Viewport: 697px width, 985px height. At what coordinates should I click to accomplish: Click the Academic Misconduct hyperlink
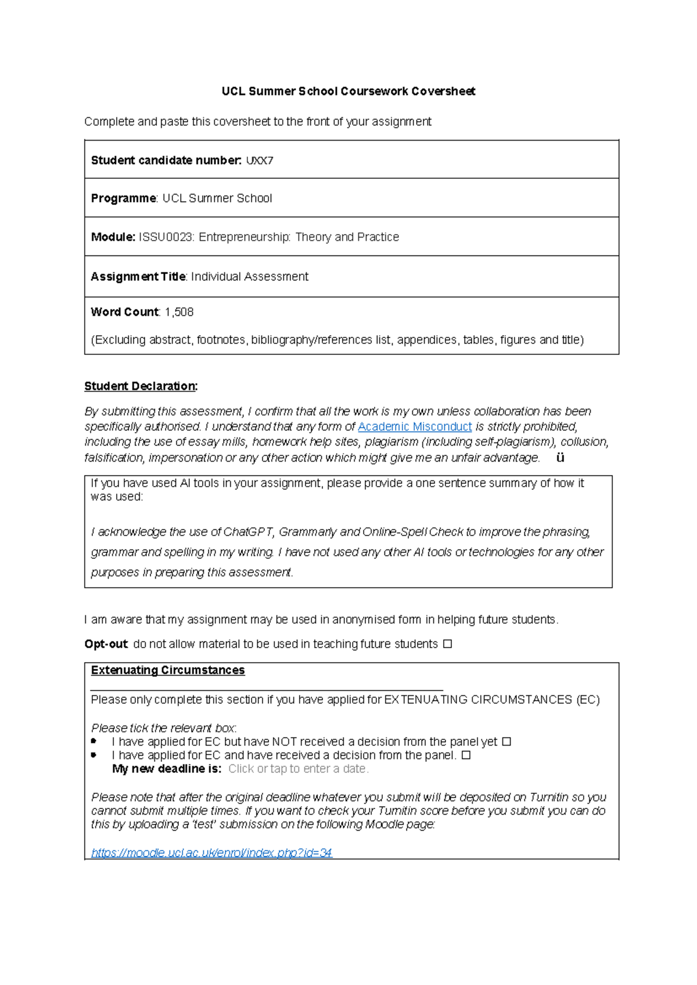coord(415,427)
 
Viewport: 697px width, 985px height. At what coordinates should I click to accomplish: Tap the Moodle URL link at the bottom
coord(211,853)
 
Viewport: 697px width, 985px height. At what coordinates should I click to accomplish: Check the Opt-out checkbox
coord(447,644)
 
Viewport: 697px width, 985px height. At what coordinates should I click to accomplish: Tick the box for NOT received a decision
coord(506,742)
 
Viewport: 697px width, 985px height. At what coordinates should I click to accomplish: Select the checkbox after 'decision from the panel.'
coord(466,756)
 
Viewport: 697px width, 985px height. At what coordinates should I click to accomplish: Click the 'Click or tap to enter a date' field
coord(298,769)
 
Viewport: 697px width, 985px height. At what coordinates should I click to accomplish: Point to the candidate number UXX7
coord(260,161)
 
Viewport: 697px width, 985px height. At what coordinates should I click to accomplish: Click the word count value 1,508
coord(179,312)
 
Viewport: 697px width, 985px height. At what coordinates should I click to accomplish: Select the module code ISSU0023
coord(166,238)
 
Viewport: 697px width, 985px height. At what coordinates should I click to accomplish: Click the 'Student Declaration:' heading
coord(141,386)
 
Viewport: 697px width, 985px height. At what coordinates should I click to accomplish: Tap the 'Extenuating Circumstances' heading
coord(168,670)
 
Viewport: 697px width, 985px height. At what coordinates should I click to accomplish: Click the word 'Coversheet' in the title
coord(443,91)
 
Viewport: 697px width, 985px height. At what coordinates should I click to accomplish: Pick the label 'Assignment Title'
coord(138,277)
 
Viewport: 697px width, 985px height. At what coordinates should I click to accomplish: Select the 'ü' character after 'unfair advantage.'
coord(560,458)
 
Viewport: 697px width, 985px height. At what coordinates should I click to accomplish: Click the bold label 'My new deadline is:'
coord(167,769)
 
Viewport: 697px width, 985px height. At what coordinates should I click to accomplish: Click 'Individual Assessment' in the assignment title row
coord(250,277)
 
